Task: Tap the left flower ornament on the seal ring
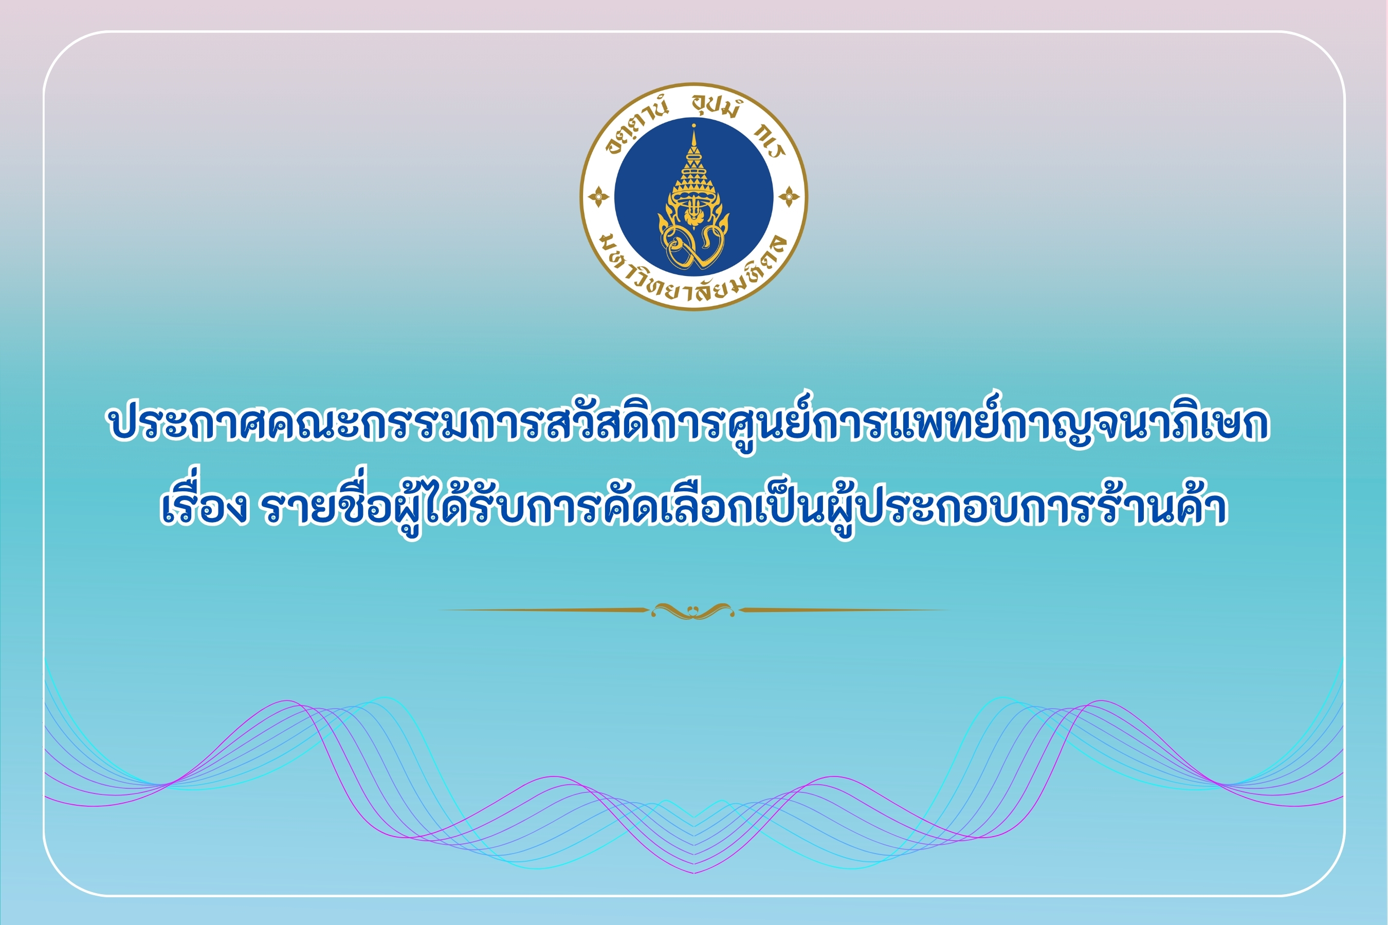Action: click(x=598, y=197)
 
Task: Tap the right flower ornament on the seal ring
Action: click(x=789, y=197)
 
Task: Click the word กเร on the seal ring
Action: click(x=770, y=142)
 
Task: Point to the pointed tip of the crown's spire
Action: click(x=693, y=124)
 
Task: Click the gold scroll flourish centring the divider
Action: click(x=693, y=610)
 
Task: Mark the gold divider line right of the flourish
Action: click(x=844, y=610)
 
